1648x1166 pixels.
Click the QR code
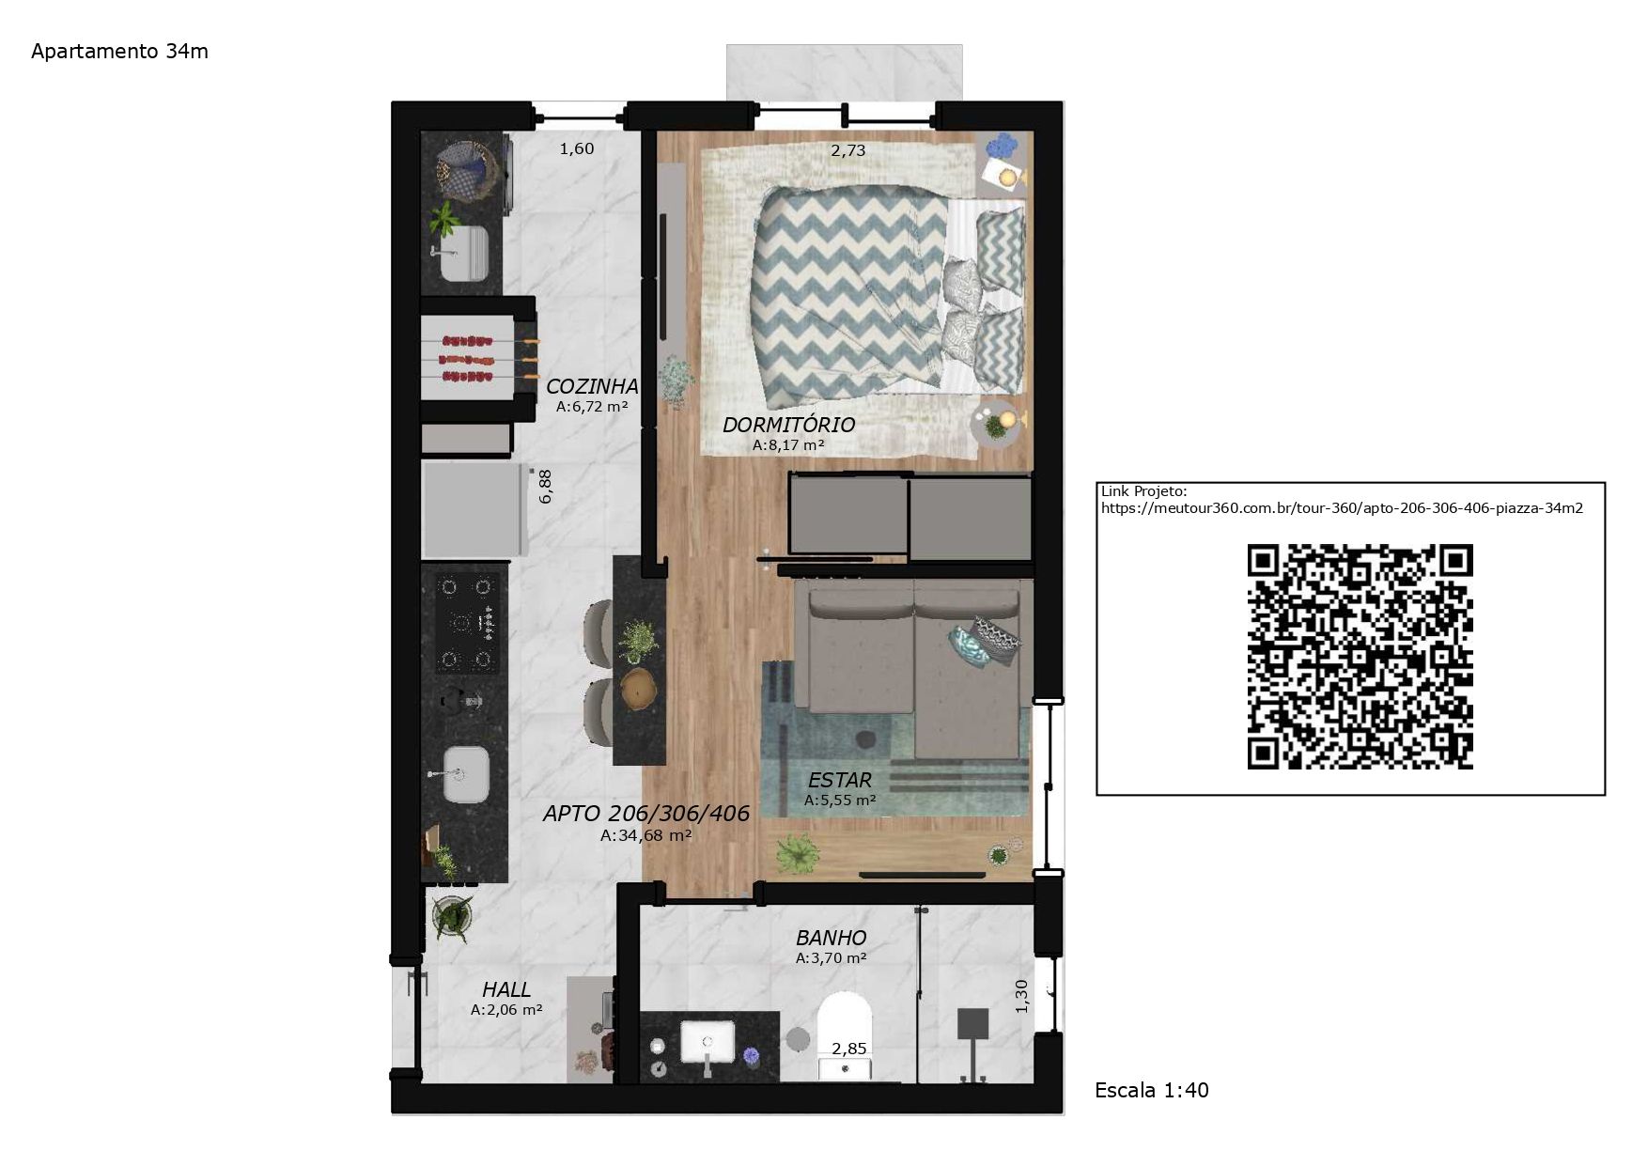pos(1360,656)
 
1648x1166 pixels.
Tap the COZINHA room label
pos(592,386)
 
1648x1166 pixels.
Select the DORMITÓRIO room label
pos(788,425)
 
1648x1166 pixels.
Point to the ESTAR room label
pos(840,780)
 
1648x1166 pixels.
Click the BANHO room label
pos(831,938)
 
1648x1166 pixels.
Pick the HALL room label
pos(506,989)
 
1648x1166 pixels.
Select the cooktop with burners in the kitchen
pos(467,623)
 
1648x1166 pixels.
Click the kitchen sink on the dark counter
pos(466,774)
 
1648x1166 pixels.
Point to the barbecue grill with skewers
pos(478,359)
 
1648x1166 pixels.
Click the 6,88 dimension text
pos(545,487)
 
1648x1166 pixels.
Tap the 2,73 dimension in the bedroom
pos(847,150)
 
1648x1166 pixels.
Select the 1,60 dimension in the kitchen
pos(577,148)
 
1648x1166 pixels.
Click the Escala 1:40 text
pos(1152,1090)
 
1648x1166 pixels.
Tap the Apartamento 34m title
pos(119,52)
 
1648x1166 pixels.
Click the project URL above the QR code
pos(1342,508)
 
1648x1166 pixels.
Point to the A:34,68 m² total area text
pos(646,835)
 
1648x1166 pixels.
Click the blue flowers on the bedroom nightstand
pos(1003,147)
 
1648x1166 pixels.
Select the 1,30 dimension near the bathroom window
pos(1021,996)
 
